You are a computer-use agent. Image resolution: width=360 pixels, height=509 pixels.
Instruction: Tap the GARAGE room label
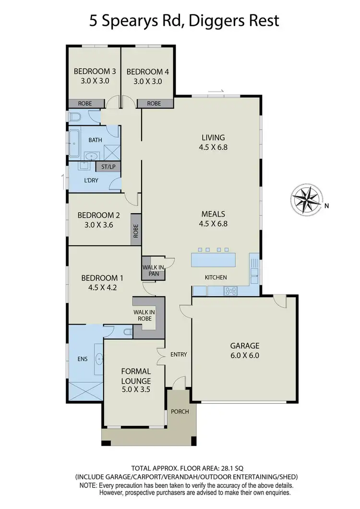(x=244, y=345)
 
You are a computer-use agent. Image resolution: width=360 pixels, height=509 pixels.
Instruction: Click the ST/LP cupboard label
(x=108, y=167)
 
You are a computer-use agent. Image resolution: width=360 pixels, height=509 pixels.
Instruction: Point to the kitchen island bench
(x=214, y=260)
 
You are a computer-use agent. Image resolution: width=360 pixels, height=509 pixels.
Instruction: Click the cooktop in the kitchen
(x=231, y=290)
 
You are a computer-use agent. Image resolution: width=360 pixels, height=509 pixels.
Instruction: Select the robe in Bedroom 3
(x=86, y=103)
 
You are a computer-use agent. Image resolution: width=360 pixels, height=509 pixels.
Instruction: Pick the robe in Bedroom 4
(x=154, y=103)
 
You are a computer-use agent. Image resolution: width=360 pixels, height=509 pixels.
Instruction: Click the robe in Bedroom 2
(x=136, y=231)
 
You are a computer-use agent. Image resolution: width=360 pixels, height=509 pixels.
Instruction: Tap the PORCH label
(x=180, y=412)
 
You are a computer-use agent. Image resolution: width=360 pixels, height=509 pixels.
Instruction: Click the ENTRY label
(x=179, y=354)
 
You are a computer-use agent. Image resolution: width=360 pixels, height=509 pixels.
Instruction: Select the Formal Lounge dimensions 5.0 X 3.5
(x=136, y=389)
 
